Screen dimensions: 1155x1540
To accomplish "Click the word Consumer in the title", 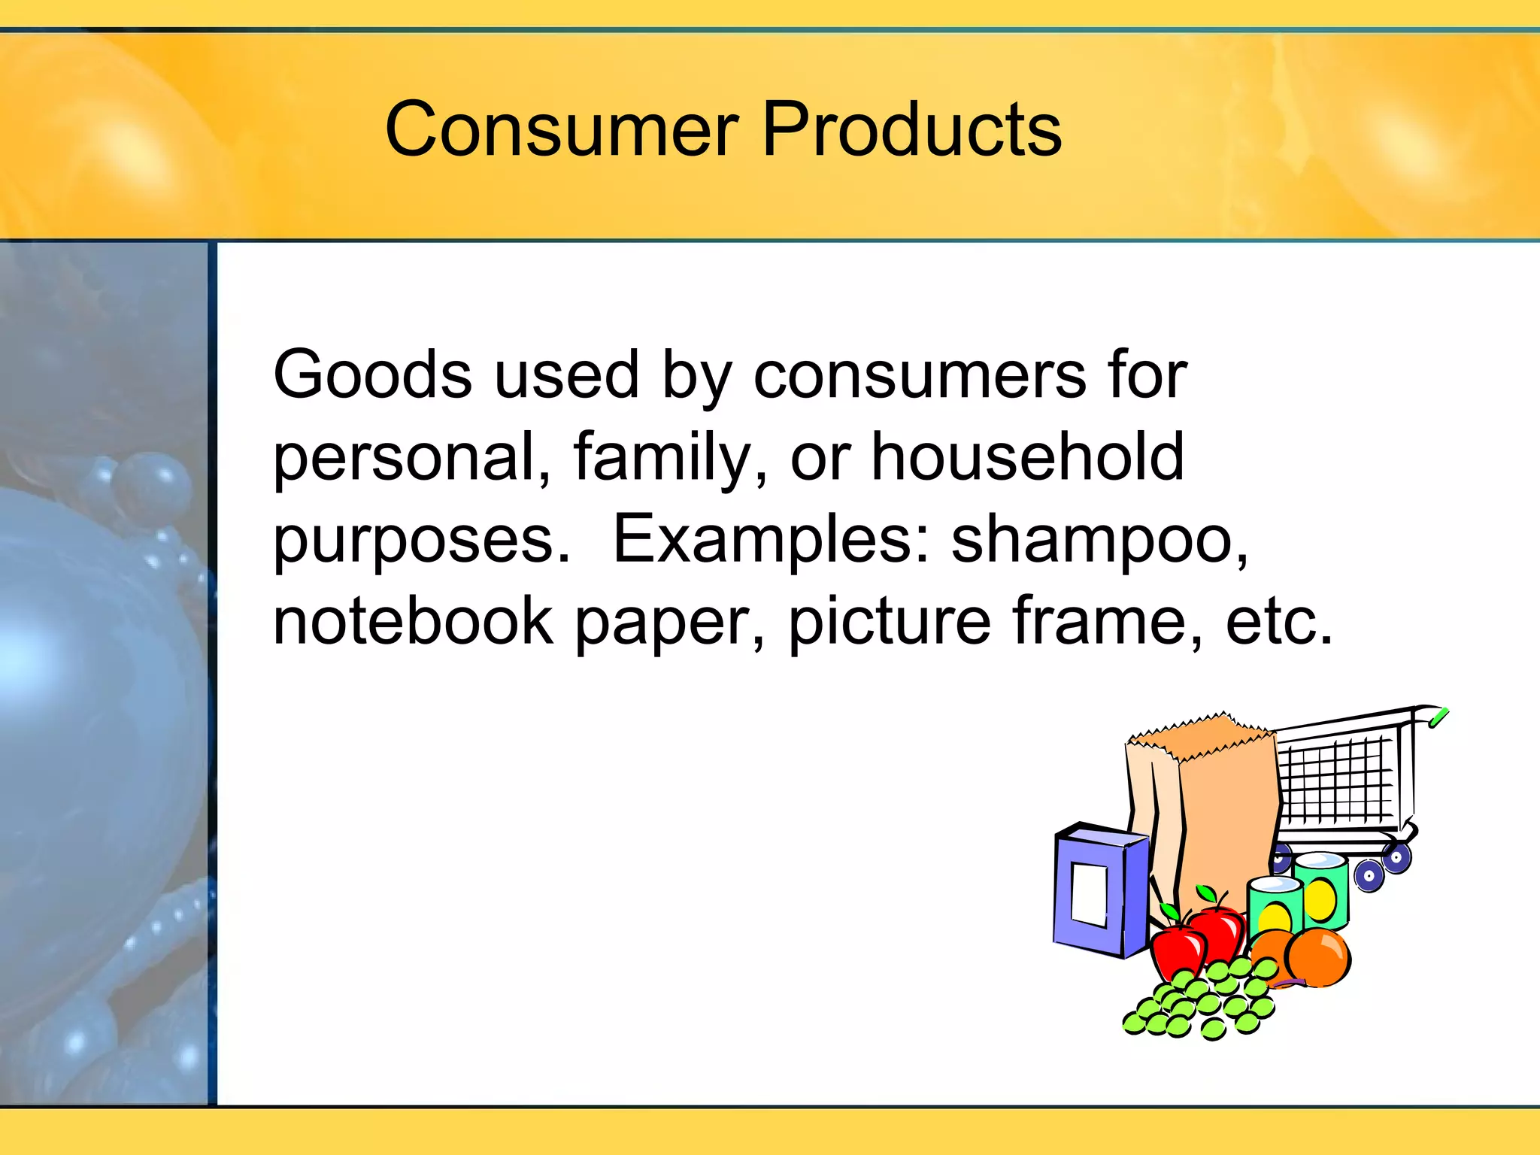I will (x=561, y=129).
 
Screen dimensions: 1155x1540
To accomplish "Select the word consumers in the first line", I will (x=919, y=376).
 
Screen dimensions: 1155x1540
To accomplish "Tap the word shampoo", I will (x=1098, y=540).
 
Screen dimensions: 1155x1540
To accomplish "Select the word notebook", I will (x=413, y=621).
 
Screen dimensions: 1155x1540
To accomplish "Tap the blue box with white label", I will (x=1099, y=891).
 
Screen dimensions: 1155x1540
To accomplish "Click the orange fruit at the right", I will (x=1317, y=957).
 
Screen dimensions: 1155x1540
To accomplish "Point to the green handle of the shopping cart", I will (x=1438, y=717).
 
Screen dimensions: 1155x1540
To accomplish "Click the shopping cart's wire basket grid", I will (x=1335, y=778).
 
